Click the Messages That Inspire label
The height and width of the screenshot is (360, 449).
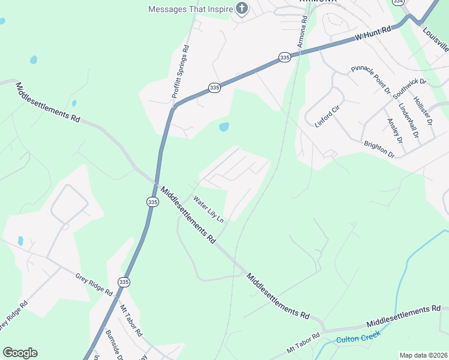pos(190,9)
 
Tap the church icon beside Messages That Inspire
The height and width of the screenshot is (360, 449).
pos(241,9)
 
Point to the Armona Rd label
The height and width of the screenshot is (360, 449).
pos(301,32)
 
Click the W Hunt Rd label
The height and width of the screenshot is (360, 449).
pos(373,32)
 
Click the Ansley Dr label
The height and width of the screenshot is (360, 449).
pos(394,130)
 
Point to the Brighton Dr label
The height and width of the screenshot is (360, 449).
pos(379,149)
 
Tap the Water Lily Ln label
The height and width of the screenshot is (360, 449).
pos(208,208)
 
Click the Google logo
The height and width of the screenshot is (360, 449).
pos(20,353)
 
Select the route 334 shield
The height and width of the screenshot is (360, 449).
pos(397,2)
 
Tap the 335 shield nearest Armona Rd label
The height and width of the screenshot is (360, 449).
pos(285,57)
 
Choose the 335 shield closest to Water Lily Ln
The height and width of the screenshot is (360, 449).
pos(152,203)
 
